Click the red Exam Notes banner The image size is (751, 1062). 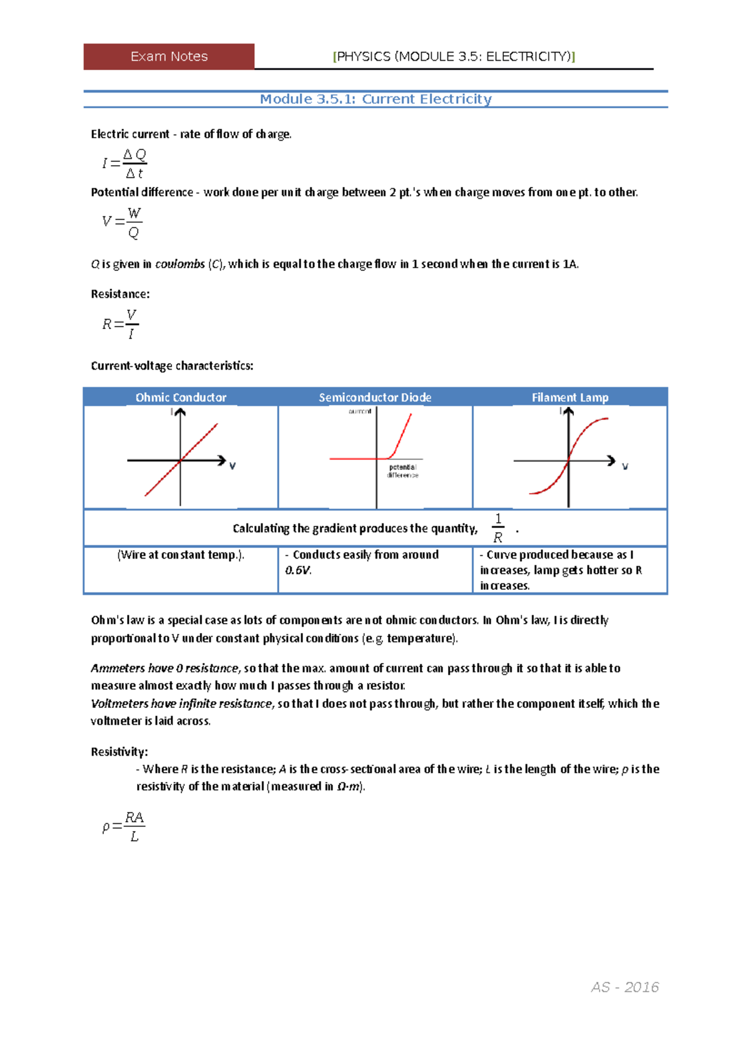click(x=169, y=56)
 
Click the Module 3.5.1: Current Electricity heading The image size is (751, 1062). click(x=375, y=99)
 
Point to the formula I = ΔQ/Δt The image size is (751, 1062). click(x=125, y=163)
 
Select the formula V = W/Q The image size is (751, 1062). click(x=123, y=222)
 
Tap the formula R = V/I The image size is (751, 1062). click(x=121, y=324)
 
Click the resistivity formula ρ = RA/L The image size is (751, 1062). click(x=124, y=826)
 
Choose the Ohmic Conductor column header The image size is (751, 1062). click(x=181, y=397)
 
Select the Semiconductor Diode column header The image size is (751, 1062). click(x=375, y=397)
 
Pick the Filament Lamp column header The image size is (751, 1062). click(x=570, y=397)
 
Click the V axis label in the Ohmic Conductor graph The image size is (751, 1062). click(x=232, y=466)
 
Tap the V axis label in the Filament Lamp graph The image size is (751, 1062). click(x=625, y=467)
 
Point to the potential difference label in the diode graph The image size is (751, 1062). click(x=402, y=471)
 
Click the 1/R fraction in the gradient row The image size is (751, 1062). click(x=498, y=528)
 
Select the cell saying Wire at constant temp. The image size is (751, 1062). click(x=181, y=555)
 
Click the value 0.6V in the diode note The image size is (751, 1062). click(x=298, y=570)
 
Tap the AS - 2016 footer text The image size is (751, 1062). click(x=625, y=987)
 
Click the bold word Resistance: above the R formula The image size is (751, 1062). click(x=120, y=294)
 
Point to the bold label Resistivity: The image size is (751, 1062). click(x=119, y=752)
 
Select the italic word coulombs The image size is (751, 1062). click(x=180, y=264)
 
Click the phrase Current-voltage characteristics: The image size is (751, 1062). click(x=172, y=366)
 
